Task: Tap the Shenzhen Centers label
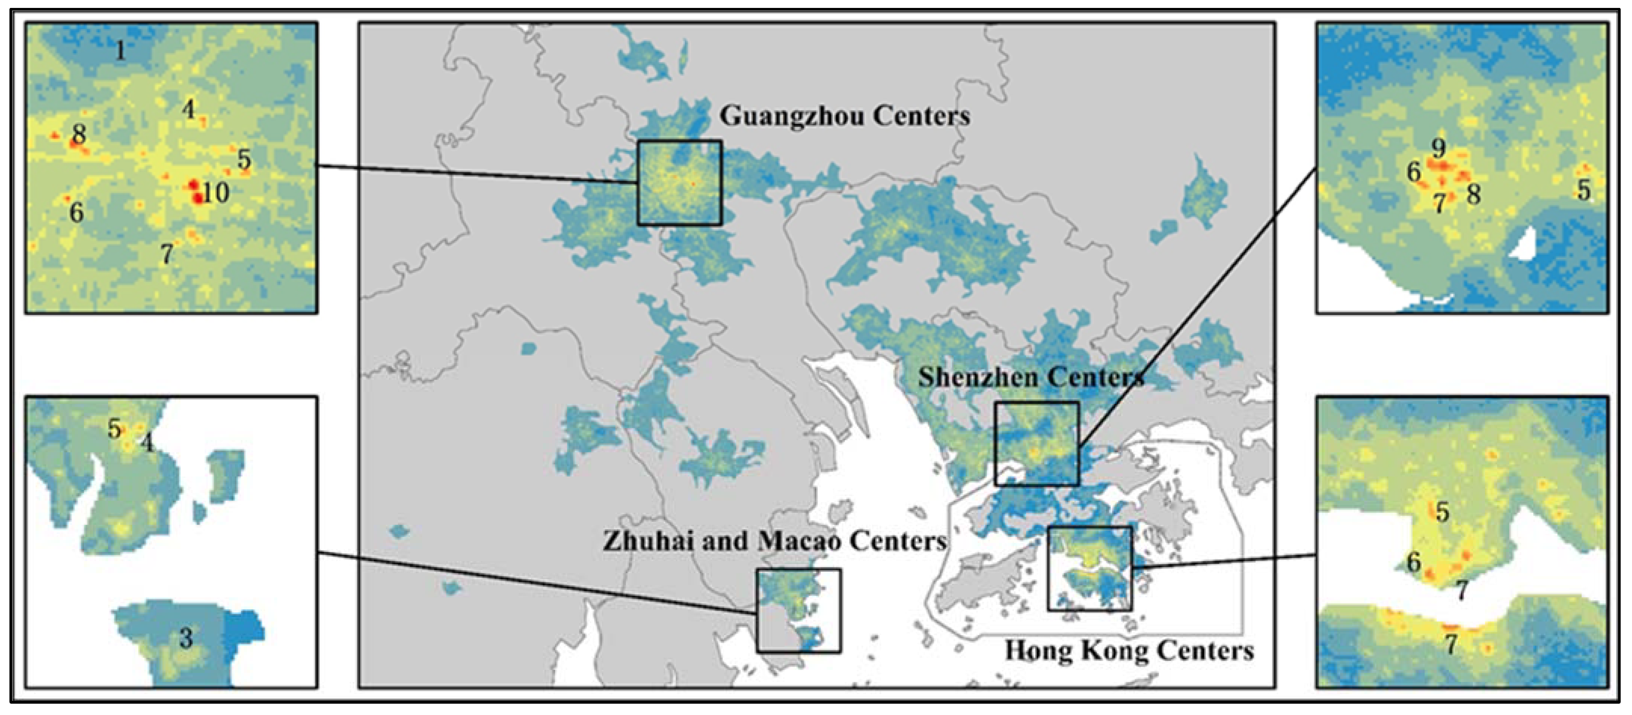pos(1031,377)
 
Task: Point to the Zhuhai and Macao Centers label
pos(774,541)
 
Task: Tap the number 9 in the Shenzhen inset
pos(1439,148)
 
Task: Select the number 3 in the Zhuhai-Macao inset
pos(186,638)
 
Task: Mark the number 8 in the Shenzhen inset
pos(1473,194)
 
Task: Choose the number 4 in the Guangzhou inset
pos(188,109)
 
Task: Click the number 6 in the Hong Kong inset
pos(1413,562)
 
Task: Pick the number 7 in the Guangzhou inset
pos(166,254)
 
